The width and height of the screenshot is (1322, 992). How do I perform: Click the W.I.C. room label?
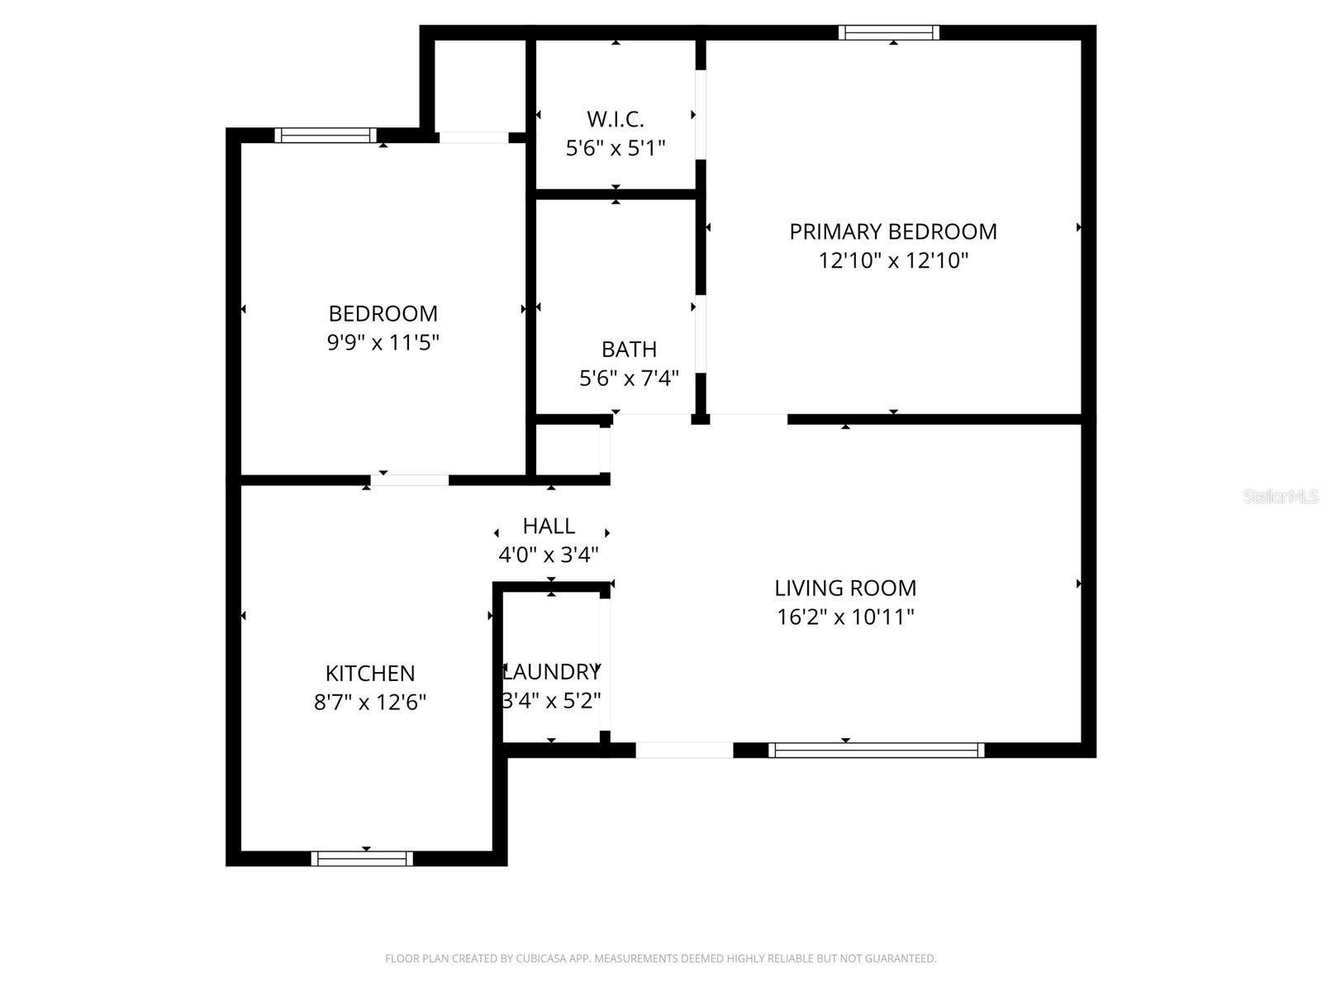tap(616, 119)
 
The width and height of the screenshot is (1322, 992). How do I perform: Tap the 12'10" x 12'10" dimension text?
tap(893, 260)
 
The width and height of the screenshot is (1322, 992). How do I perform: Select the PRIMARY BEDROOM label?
tap(893, 231)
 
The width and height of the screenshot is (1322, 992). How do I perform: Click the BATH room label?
tap(629, 349)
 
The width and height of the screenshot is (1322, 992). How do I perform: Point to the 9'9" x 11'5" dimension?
tap(383, 342)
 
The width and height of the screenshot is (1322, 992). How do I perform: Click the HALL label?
tap(549, 526)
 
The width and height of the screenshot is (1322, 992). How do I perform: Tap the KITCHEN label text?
tap(370, 673)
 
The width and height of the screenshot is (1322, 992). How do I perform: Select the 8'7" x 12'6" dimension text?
tap(370, 702)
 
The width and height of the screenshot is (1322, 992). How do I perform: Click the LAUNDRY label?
tap(552, 671)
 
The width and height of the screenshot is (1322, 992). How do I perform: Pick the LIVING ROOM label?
tap(845, 588)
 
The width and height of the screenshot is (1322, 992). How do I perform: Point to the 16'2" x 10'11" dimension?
tap(845, 617)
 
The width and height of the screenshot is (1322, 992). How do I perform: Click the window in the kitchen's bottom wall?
tap(362, 858)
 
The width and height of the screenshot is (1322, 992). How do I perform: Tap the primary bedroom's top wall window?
tap(889, 33)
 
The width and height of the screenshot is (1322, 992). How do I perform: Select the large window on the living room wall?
tap(876, 750)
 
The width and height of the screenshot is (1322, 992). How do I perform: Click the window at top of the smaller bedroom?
tap(326, 136)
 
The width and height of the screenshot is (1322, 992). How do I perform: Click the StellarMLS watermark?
tap(1281, 496)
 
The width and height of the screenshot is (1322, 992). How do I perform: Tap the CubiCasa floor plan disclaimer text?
tap(660, 958)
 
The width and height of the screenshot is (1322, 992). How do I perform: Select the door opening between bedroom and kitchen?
tap(410, 479)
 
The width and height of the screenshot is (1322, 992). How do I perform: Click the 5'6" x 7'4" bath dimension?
tap(629, 378)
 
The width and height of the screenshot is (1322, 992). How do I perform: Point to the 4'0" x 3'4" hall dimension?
tap(549, 555)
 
